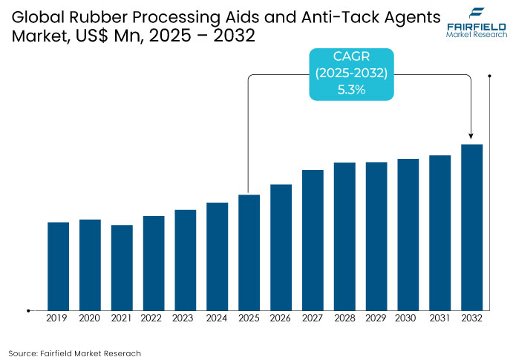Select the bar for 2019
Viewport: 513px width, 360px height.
tap(58, 266)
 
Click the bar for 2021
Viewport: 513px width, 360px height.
tap(122, 267)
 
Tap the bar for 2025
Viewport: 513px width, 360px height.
tap(249, 252)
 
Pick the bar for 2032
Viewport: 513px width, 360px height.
tap(471, 227)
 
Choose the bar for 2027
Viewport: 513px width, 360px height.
tap(313, 240)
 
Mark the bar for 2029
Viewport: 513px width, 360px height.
tap(376, 236)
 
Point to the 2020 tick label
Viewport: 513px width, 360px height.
tap(90, 318)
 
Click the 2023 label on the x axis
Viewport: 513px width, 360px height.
tap(186, 318)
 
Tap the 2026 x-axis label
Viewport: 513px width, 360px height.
tap(281, 318)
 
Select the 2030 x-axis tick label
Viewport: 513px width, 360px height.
tap(408, 318)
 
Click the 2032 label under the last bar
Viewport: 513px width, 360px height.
tap(471, 318)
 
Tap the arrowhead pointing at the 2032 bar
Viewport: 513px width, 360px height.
tap(471, 137)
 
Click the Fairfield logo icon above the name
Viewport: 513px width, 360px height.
tap(476, 13)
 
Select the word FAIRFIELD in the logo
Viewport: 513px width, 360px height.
tap(476, 27)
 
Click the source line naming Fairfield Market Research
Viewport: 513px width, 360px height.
tap(75, 353)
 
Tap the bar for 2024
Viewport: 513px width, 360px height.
tap(217, 256)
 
